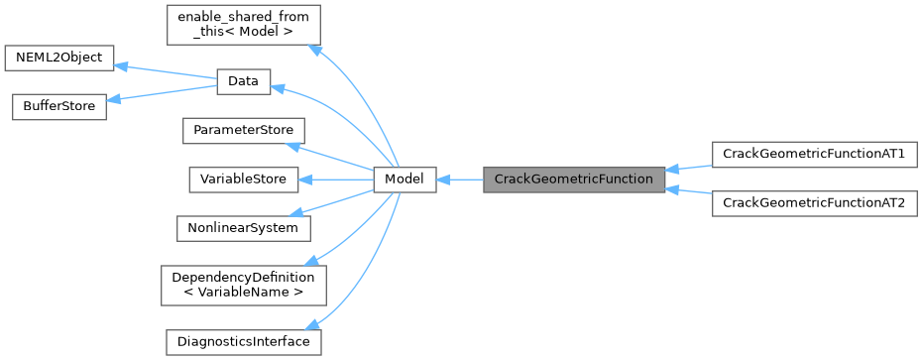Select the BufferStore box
pyautogui.click(x=58, y=106)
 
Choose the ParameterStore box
pyautogui.click(x=243, y=131)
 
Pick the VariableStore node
pyautogui.click(x=243, y=180)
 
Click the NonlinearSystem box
pyautogui.click(x=243, y=227)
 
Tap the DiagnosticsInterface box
pyautogui.click(x=243, y=342)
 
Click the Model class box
pyautogui.click(x=404, y=180)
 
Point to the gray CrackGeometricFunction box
pyautogui.click(x=573, y=180)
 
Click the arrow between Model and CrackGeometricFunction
pyautogui.click(x=459, y=180)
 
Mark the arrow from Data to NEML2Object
pyautogui.click(x=165, y=70)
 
